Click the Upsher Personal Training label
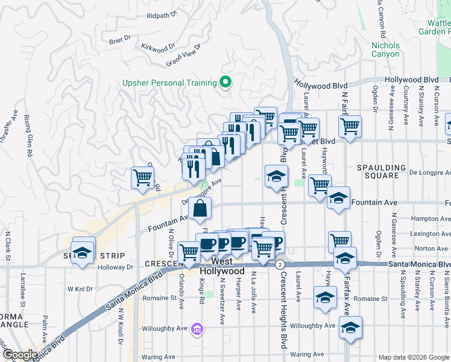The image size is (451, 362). pyautogui.click(x=169, y=83)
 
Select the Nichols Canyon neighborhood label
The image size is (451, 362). pyautogui.click(x=385, y=49)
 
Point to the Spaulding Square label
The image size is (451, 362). pyautogui.click(x=378, y=171)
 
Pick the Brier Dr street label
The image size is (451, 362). pyautogui.click(x=120, y=40)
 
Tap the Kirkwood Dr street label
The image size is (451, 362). pyautogui.click(x=157, y=46)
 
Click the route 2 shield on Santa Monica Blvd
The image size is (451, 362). pyautogui.click(x=280, y=265)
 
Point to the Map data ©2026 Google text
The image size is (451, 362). pyautogui.click(x=413, y=357)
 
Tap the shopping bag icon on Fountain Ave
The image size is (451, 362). pyautogui.click(x=200, y=209)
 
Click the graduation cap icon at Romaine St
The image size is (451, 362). pyautogui.click(x=325, y=297)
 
